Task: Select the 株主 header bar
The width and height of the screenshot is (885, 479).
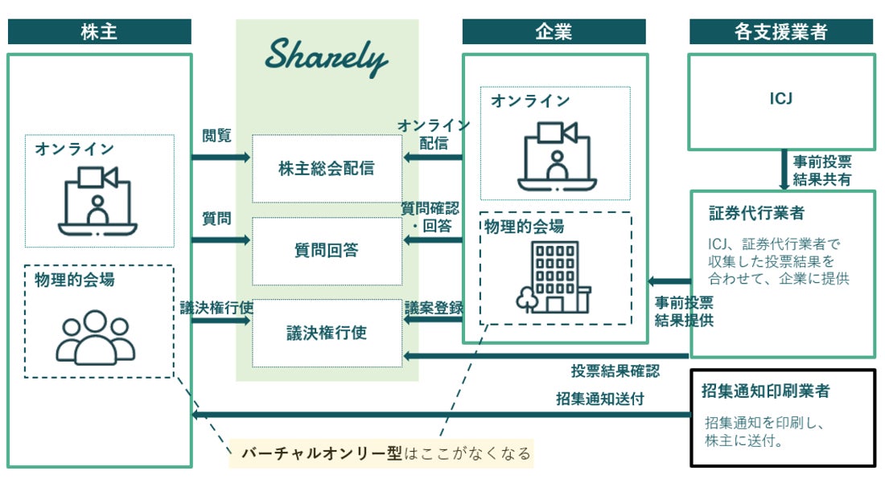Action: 100,32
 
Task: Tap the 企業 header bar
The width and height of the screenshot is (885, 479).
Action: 554,32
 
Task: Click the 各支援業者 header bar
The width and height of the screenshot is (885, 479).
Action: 780,32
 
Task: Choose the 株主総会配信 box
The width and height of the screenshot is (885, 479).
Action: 327,169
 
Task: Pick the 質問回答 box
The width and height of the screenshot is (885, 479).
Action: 327,251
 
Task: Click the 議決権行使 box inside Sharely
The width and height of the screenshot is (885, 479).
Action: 327,332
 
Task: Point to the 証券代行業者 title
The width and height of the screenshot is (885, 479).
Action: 756,214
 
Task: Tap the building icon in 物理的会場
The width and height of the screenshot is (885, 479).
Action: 554,277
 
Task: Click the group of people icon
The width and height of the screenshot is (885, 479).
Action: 95,335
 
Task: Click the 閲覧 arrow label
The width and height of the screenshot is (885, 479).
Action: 216,136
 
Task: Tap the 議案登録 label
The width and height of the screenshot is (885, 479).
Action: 434,307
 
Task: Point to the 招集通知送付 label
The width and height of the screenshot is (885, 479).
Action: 599,398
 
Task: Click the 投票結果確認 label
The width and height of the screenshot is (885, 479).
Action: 615,371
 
